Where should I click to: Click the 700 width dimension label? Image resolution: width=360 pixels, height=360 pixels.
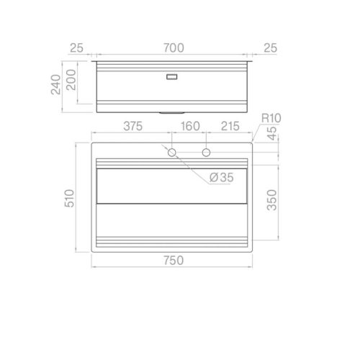[174, 48]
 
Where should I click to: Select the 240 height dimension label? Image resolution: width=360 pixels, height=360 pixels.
[56, 84]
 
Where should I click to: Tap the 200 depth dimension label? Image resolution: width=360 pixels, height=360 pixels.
[71, 80]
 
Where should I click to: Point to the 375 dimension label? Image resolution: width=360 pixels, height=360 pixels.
[133, 126]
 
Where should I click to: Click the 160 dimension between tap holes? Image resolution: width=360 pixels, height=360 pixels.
[190, 126]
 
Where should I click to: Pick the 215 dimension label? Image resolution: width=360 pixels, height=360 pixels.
[230, 126]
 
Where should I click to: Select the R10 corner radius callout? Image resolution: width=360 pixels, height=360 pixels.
[271, 118]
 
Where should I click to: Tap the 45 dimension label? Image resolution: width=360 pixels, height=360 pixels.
[271, 133]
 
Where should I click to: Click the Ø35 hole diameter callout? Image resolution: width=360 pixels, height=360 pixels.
[221, 178]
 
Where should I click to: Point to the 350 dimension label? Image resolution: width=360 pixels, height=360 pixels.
[271, 200]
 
